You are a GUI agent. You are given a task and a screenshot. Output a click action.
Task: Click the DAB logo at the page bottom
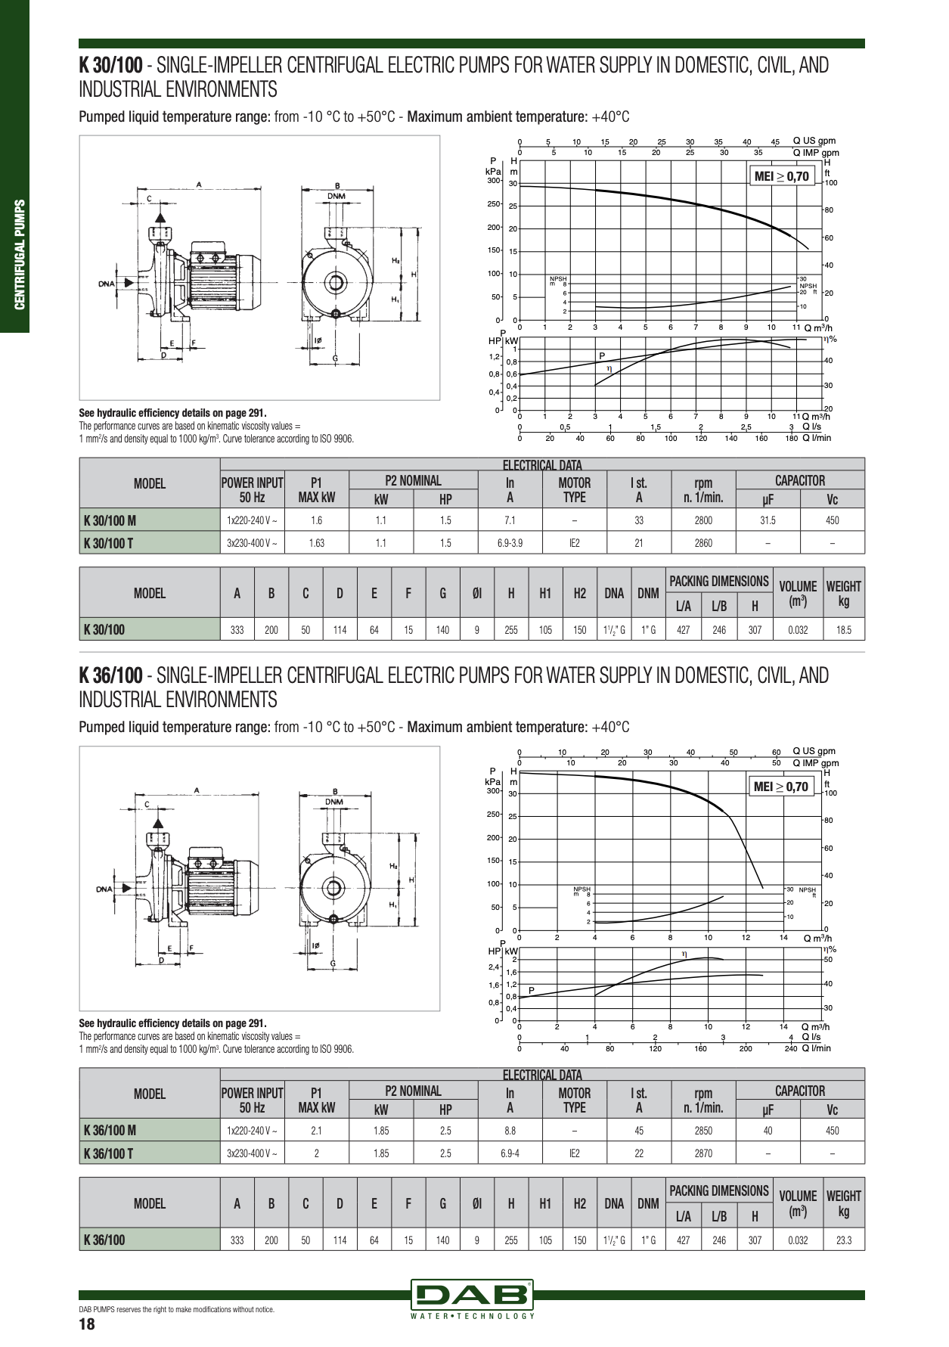point(473,1295)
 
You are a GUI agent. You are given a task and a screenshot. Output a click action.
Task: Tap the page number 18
point(87,1325)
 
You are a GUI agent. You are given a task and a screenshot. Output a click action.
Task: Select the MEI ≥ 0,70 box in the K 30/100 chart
point(782,177)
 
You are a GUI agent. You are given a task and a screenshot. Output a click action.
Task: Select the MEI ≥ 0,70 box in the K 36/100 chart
point(781,787)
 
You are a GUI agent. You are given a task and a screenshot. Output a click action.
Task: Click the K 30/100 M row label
point(110,520)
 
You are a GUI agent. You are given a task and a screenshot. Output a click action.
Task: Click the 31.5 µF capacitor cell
point(768,520)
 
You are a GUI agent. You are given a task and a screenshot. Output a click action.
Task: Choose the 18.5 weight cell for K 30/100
point(844,629)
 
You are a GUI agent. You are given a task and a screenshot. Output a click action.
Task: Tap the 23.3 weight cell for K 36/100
point(844,1240)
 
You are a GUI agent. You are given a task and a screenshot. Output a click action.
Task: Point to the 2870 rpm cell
point(702,1153)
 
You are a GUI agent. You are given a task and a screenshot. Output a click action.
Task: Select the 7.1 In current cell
point(510,520)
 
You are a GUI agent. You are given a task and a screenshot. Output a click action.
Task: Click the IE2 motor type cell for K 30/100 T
point(574,543)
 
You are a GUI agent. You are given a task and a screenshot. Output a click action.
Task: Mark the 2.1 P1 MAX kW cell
point(316,1131)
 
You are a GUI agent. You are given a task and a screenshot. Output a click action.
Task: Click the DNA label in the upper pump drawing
point(107,284)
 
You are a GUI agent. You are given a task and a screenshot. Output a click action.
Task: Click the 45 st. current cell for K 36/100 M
point(639,1131)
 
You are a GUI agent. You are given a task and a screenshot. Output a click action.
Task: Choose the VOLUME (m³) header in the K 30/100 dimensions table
point(798,593)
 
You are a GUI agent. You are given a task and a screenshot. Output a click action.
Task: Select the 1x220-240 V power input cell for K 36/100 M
point(252,1131)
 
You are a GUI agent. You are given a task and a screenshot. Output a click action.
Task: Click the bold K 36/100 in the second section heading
point(111,675)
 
